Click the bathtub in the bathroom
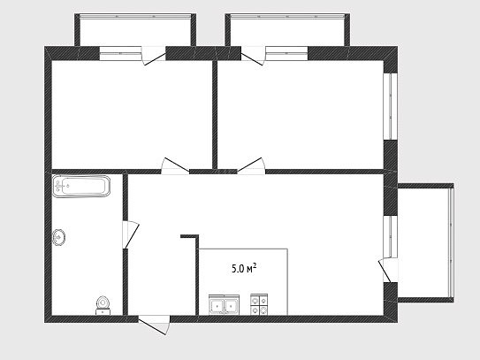81,186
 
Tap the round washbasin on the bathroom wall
58,237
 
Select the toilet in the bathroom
103,305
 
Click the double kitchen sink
224,305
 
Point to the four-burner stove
259,304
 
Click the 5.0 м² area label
244,269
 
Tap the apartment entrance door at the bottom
154,325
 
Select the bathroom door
131,234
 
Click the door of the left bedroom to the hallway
175,166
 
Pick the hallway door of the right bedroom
251,166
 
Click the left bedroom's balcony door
153,56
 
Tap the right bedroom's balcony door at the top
253,56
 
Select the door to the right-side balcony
388,271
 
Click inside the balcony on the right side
423,242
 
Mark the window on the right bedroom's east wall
391,106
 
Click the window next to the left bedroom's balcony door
120,53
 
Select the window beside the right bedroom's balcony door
286,53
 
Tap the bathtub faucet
59,186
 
